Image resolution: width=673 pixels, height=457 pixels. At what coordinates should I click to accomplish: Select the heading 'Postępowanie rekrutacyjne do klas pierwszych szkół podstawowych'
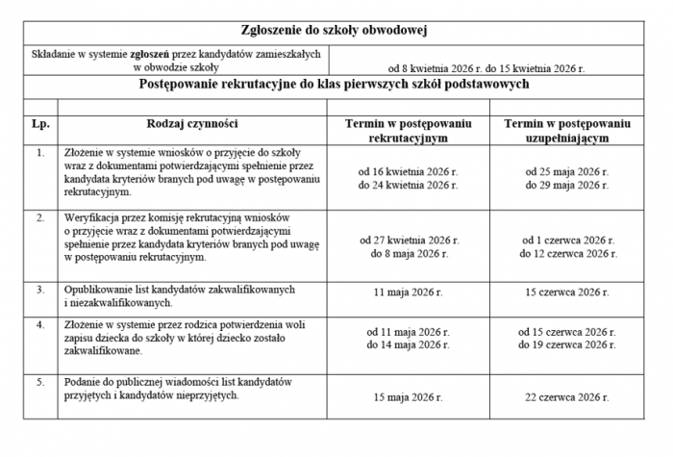(336, 84)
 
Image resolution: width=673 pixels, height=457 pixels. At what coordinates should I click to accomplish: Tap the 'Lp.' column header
(39, 124)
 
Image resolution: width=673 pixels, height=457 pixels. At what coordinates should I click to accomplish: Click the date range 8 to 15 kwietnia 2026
(486, 69)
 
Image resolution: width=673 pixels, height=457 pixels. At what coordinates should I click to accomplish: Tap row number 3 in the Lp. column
(39, 289)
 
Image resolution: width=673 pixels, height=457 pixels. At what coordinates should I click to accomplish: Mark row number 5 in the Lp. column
(39, 382)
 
